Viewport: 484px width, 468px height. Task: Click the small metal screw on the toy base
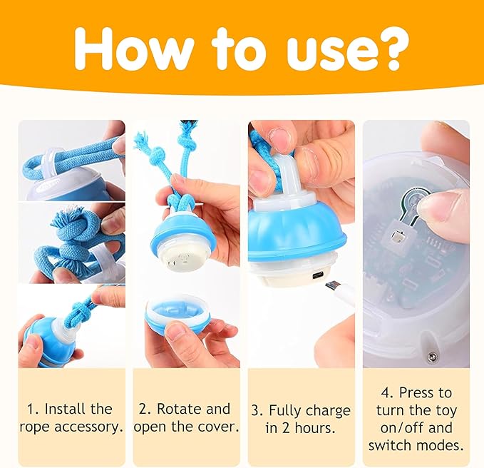(432, 357)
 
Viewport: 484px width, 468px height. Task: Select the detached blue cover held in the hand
(177, 312)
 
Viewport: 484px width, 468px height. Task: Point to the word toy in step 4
(446, 412)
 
